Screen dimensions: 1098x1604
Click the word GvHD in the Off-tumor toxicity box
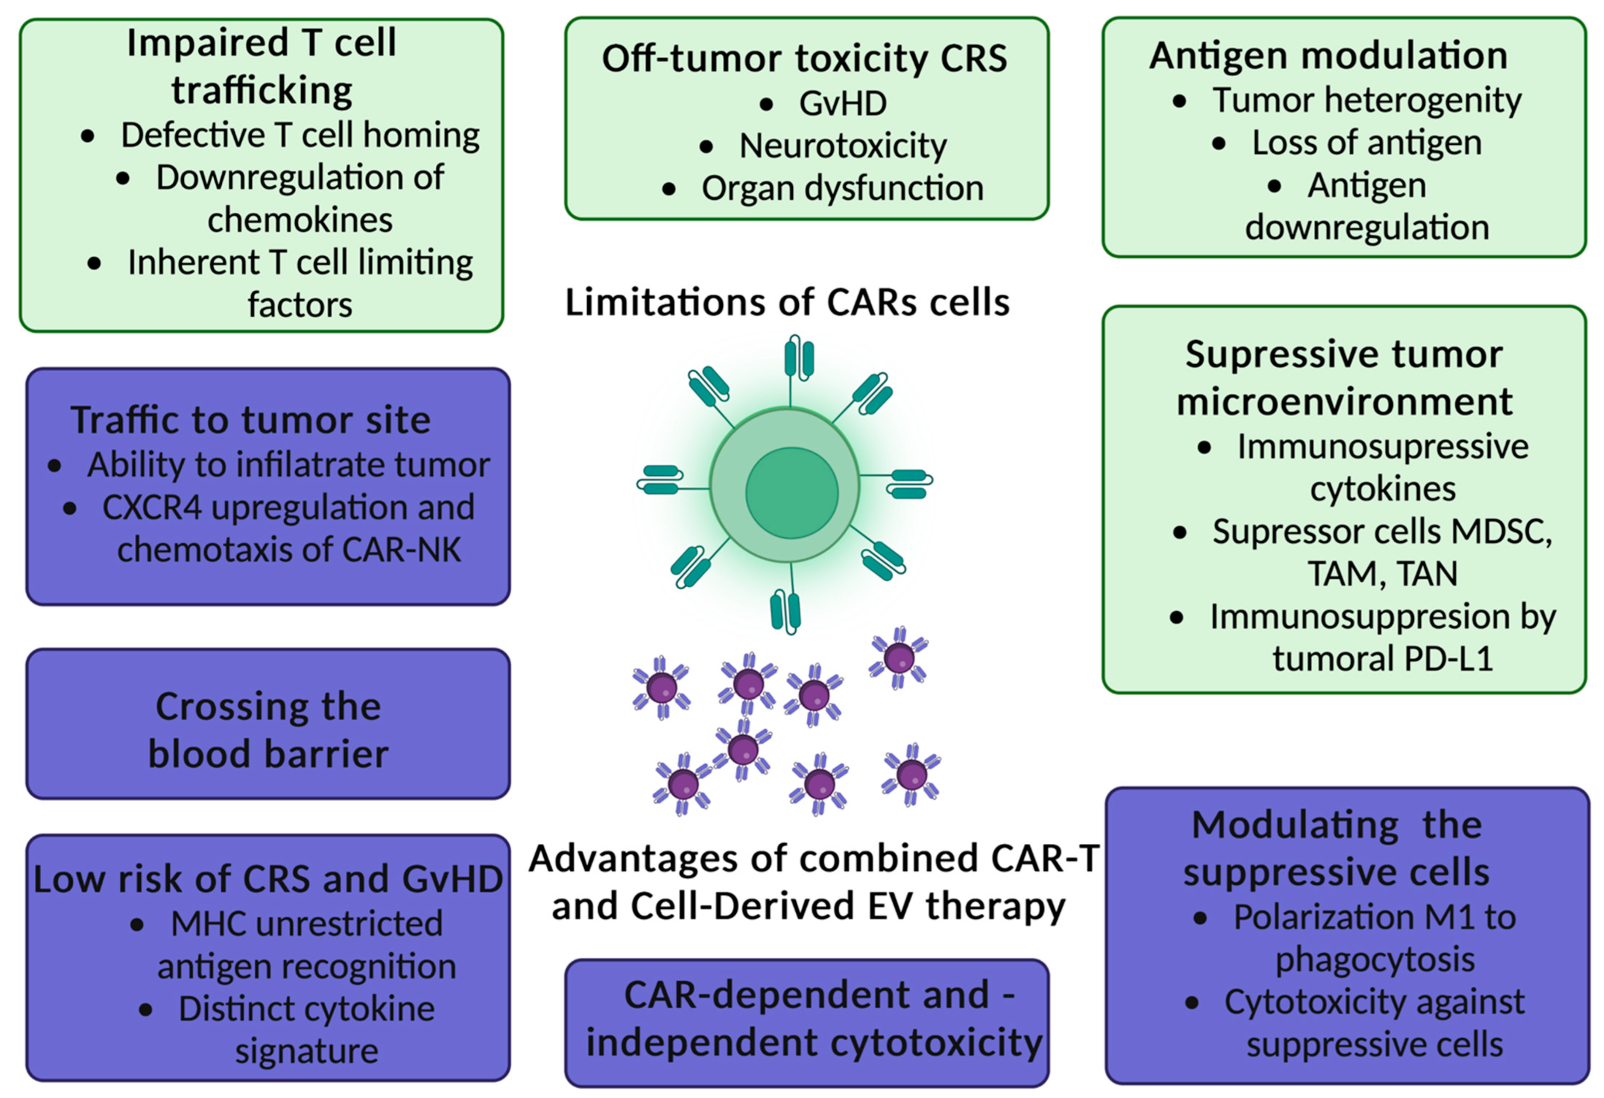coord(843,104)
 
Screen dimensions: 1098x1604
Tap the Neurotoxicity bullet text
coord(843,146)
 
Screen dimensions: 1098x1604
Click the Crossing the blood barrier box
coord(268,724)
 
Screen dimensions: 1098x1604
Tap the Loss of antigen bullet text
coord(1366,143)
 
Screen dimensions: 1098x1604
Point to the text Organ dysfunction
coord(843,189)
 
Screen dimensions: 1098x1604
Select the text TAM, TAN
coord(1382,574)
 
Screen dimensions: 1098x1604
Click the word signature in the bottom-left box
coord(307,1051)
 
